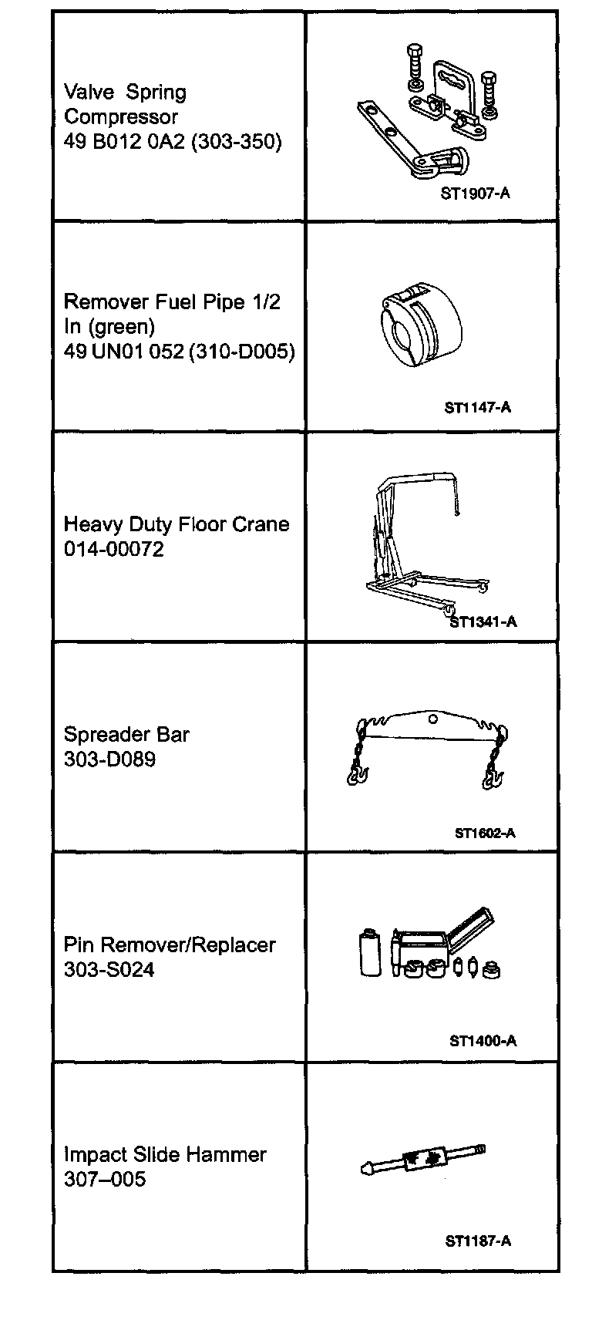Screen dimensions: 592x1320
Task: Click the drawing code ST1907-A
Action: click(475, 194)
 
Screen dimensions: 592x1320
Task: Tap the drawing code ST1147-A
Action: click(477, 407)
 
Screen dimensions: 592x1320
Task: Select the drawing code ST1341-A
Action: click(483, 621)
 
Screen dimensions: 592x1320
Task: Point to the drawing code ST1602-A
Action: click(485, 833)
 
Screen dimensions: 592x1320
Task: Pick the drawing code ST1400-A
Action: click(483, 1041)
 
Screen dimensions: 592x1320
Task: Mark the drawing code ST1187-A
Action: click(478, 1241)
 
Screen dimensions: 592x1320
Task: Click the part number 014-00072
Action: click(113, 550)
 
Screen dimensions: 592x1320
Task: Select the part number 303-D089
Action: click(109, 759)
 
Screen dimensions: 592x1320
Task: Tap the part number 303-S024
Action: click(109, 970)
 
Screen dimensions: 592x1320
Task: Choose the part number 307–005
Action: click(104, 1180)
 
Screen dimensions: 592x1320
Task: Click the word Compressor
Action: click(121, 117)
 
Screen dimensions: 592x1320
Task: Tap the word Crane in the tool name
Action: click(262, 525)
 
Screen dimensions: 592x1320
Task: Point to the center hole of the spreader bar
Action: click(433, 719)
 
